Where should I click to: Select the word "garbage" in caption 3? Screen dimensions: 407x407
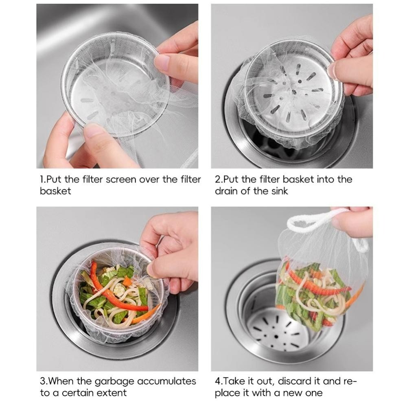[114, 382]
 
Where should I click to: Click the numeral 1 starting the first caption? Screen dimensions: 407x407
[41, 179]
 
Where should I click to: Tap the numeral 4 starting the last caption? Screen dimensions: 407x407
[217, 381]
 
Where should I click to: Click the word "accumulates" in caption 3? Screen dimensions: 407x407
[166, 381]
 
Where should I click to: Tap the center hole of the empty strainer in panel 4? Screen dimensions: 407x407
[276, 337]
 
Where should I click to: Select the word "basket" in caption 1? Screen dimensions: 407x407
[55, 191]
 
